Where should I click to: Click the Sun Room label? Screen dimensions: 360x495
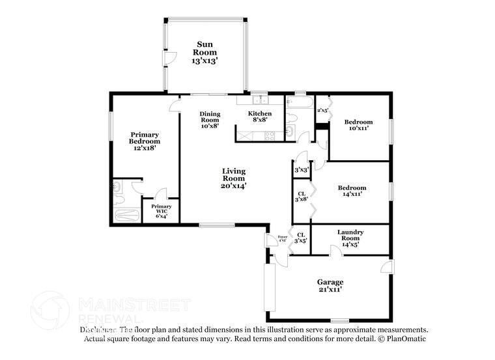[205, 52]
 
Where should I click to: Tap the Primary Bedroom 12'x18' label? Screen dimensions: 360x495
[144, 141]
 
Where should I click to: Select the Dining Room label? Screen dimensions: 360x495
[210, 120]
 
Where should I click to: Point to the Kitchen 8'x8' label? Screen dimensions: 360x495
[260, 117]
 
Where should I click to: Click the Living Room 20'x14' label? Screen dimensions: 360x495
[233, 178]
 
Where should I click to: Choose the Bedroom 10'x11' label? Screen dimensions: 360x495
[358, 125]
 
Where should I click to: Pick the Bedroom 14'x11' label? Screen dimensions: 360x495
[351, 191]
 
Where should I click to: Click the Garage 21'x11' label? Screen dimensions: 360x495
[330, 285]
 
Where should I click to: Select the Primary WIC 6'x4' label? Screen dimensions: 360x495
[162, 212]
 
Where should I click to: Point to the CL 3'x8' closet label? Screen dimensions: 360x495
[302, 197]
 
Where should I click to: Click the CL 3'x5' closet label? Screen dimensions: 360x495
[302, 238]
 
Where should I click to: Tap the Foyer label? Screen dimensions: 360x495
[283, 238]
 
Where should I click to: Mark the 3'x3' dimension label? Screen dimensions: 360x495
[301, 170]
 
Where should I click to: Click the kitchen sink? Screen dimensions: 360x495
[260, 100]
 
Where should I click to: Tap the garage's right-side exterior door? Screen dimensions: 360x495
[387, 268]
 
